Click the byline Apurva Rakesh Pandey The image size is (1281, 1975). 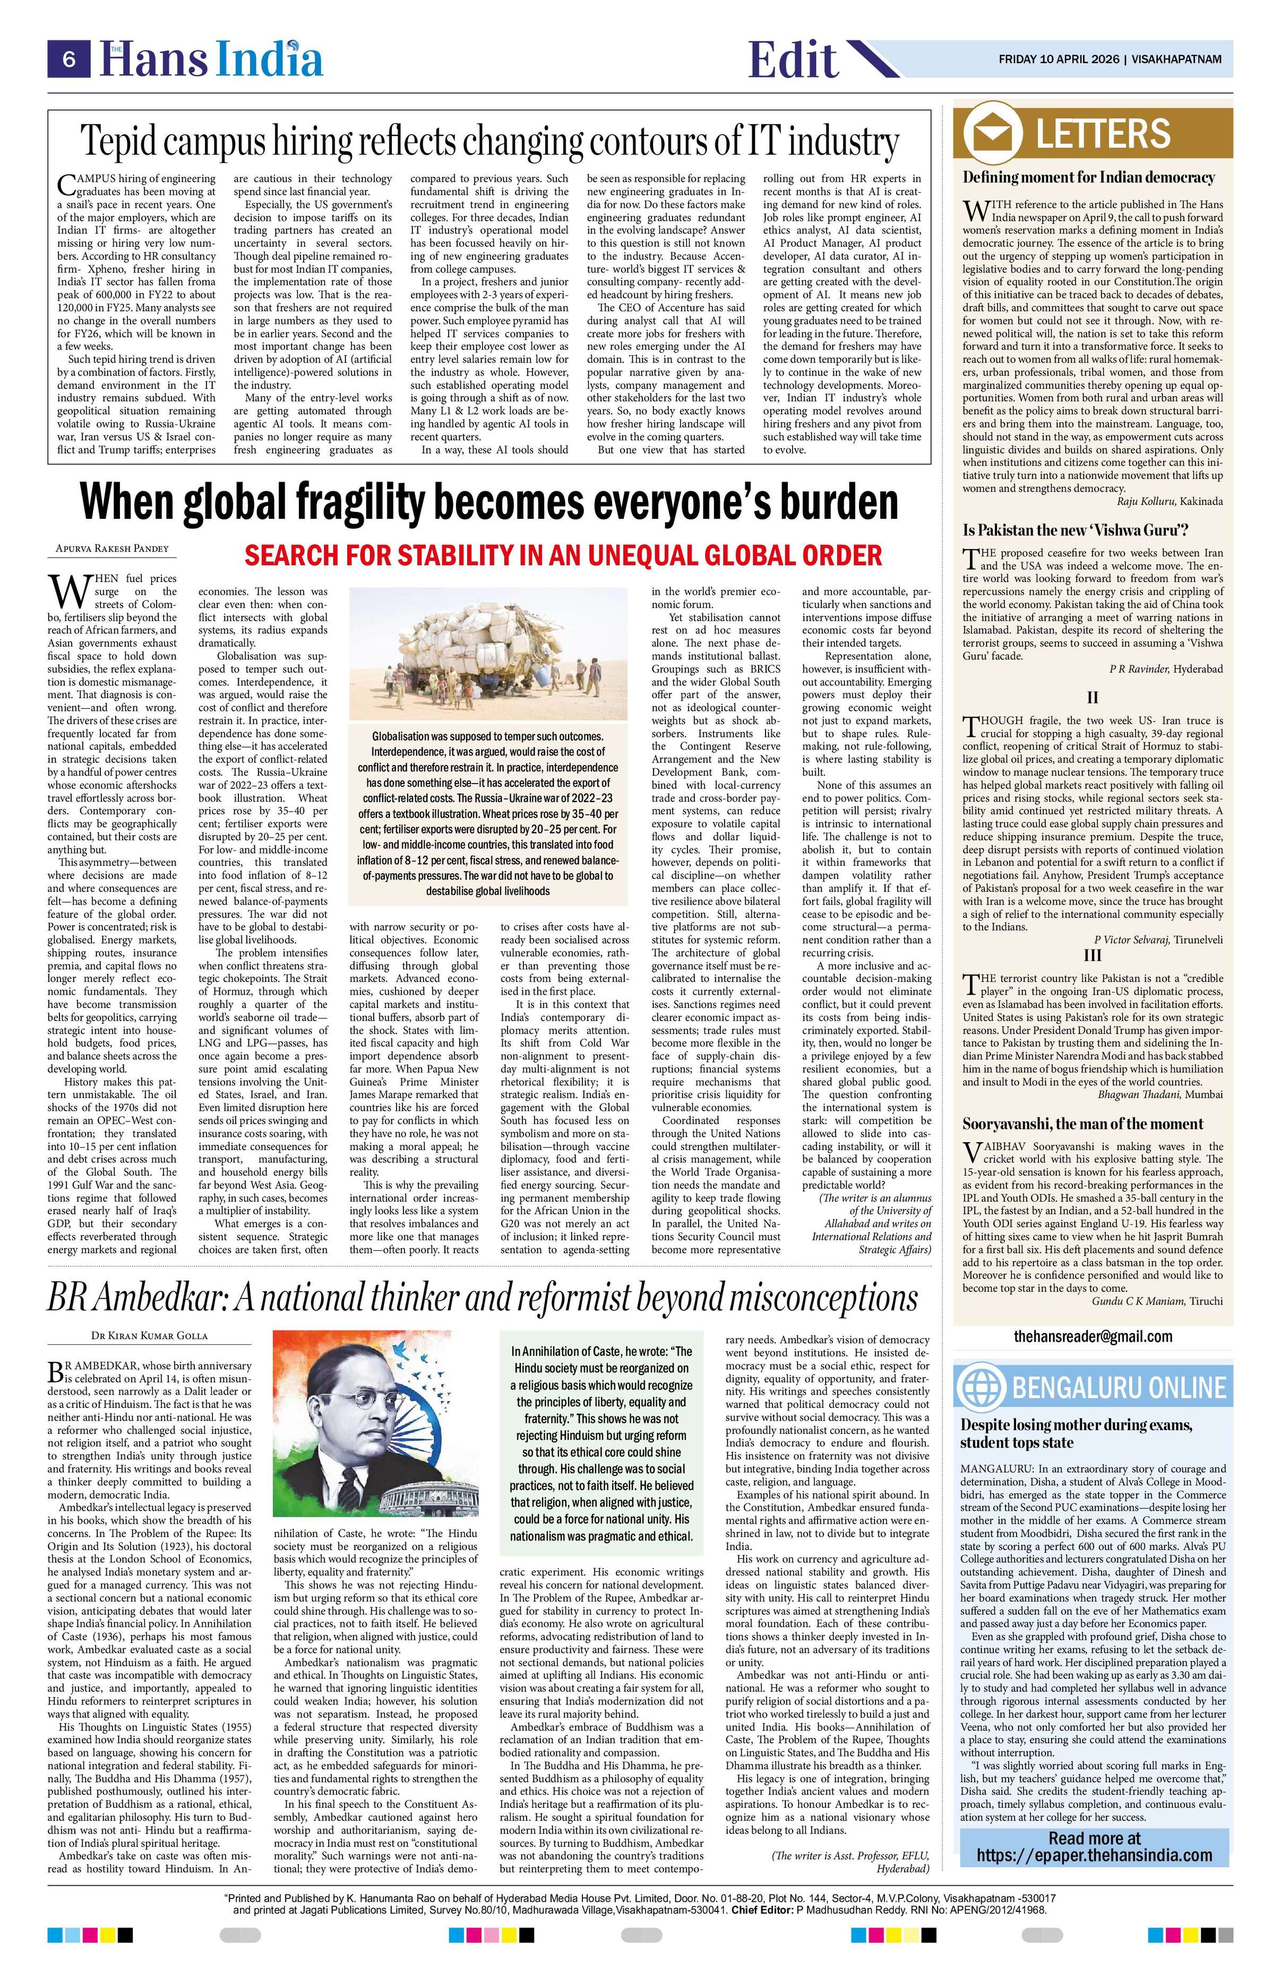(x=111, y=549)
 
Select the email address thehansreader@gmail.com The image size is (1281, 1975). (x=1093, y=1336)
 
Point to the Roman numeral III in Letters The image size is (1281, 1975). (x=1093, y=955)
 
